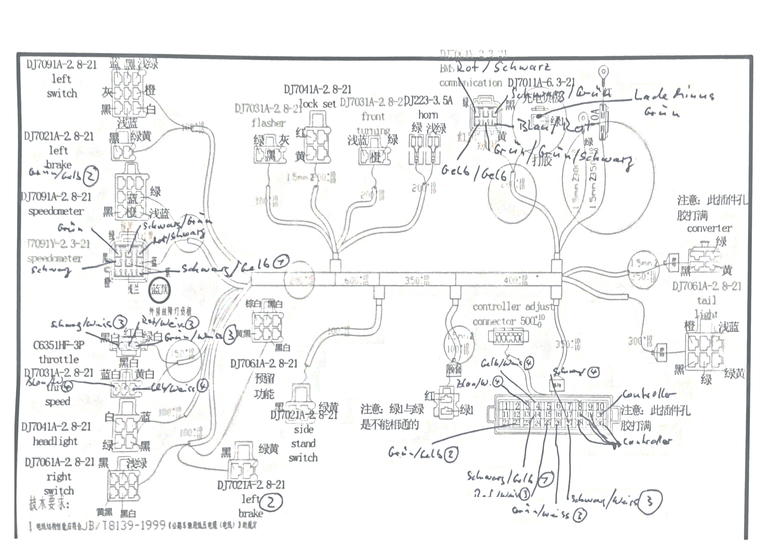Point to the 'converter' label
709,228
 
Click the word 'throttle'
59,359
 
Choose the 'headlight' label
55,441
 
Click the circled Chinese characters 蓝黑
159,290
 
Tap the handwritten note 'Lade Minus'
673,95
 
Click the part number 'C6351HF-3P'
59,345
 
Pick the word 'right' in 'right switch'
59,476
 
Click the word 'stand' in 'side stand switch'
303,443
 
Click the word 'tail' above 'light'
706,300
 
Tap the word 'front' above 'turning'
373,117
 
